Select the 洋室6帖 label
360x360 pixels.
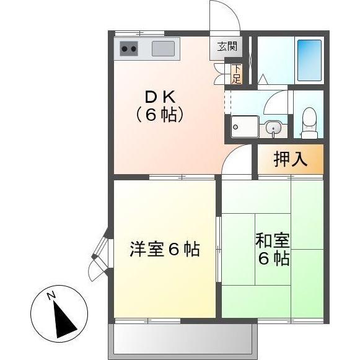click(x=164, y=250)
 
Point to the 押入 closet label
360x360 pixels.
click(x=291, y=159)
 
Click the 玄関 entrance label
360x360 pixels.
click(x=226, y=46)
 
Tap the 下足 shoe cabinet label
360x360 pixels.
click(x=236, y=73)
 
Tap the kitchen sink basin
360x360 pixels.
click(x=164, y=48)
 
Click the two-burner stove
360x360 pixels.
click(x=129, y=48)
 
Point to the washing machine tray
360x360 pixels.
click(x=245, y=127)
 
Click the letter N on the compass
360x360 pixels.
click(x=53, y=296)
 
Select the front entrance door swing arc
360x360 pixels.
click(x=224, y=15)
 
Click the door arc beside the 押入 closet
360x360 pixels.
click(x=239, y=160)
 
